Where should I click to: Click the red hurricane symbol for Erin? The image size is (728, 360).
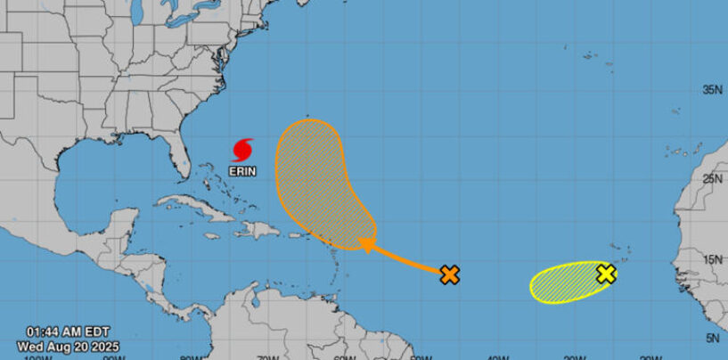[x=242, y=148]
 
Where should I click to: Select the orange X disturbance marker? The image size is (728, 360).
[x=450, y=274]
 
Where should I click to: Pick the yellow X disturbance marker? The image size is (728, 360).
[x=606, y=274]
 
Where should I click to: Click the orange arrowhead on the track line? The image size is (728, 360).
[x=365, y=242]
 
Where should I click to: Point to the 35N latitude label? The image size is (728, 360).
[x=712, y=90]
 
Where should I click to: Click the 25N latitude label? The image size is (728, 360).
[x=712, y=179]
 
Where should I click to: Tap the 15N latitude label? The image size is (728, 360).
[x=712, y=259]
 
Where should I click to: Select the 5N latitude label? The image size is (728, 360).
[x=714, y=337]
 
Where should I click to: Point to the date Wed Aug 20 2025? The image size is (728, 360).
[x=67, y=346]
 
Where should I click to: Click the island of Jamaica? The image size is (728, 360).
[x=211, y=236]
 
